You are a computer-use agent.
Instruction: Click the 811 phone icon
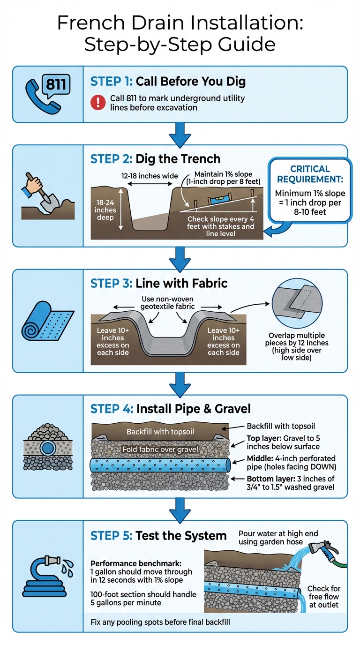coord(47,94)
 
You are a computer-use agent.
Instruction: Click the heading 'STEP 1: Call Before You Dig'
coord(168,82)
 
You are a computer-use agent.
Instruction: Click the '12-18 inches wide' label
coord(149,176)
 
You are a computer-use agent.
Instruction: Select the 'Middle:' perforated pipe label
coord(260,458)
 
